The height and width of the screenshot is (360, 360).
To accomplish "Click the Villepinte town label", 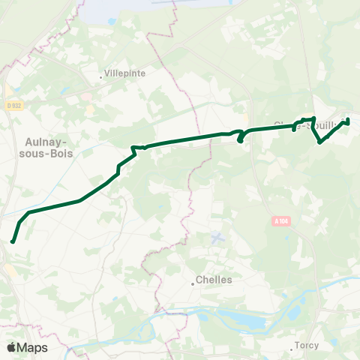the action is click(126, 74).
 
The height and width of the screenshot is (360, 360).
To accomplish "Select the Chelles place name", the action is click(214, 280).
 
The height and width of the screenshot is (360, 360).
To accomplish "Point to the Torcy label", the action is click(307, 346).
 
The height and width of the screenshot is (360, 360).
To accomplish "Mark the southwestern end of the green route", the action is click(13, 241).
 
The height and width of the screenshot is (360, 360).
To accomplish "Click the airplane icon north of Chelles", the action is click(217, 238).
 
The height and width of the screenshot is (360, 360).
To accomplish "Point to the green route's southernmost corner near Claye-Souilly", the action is click(320, 142).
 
